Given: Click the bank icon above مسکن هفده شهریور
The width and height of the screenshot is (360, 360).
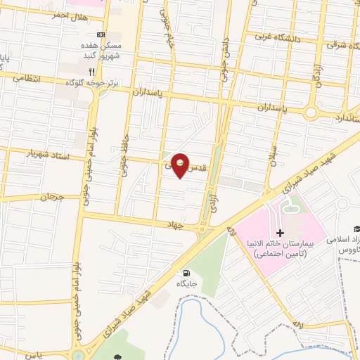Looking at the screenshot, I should pos(100,35).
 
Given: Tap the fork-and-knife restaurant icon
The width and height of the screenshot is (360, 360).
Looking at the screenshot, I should pos(91,72).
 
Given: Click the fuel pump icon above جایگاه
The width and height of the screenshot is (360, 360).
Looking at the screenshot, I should pos(186,273).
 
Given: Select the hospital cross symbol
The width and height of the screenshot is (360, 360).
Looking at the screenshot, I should pos(280,233).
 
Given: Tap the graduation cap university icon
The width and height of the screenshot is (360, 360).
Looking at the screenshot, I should pos(356,229).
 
